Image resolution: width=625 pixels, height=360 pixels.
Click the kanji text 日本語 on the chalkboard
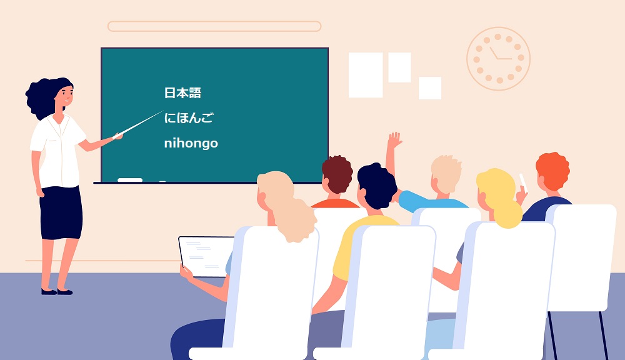pyautogui.click(x=182, y=93)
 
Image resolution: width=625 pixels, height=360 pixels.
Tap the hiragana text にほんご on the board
pyautogui.click(x=189, y=117)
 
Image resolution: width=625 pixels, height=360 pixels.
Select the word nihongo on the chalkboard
pyautogui.click(x=191, y=142)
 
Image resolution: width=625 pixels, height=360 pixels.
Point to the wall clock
pyautogui.click(x=498, y=59)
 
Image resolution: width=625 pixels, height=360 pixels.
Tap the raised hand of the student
pyautogui.click(x=394, y=141)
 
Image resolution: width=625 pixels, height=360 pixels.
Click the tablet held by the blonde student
pyautogui.click(x=206, y=257)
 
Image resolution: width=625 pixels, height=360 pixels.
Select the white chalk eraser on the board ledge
pyautogui.click(x=130, y=180)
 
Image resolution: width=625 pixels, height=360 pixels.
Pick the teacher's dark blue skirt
pyautogui.click(x=61, y=212)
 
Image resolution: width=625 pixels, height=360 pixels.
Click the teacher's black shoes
pyautogui.click(x=57, y=292)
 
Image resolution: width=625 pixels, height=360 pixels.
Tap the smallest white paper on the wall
pyautogui.click(x=430, y=88)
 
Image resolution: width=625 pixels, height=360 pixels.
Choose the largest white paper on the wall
pyautogui.click(x=366, y=75)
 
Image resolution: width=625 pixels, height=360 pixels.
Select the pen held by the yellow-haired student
pyautogui.click(x=523, y=182)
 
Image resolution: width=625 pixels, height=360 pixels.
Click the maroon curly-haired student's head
pyautogui.click(x=337, y=175)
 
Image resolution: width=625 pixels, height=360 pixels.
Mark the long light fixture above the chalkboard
pyautogui.click(x=214, y=26)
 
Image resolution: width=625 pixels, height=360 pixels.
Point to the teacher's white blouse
pyautogui.click(x=59, y=151)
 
